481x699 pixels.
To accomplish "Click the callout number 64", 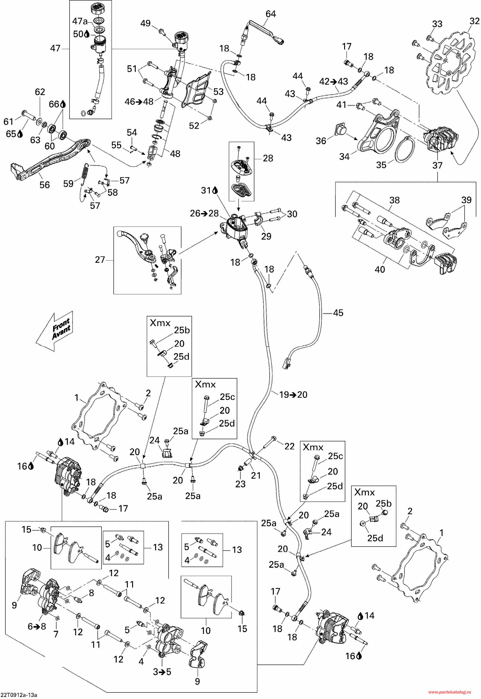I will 270,14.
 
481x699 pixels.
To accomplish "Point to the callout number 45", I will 338,313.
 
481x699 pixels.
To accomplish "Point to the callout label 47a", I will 80,21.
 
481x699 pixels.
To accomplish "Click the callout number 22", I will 289,446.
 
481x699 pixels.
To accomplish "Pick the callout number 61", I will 8,122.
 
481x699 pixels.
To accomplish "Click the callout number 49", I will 146,23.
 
